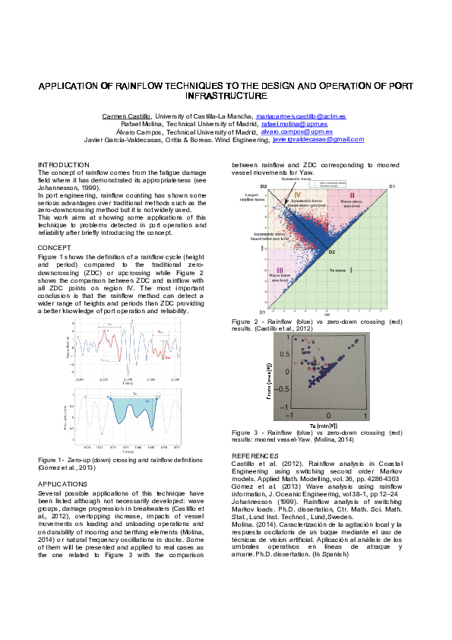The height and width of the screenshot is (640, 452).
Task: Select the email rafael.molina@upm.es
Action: (294, 124)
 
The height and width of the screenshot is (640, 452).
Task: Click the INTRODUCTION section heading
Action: (64, 164)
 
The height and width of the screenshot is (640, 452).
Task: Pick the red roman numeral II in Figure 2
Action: (352, 195)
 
